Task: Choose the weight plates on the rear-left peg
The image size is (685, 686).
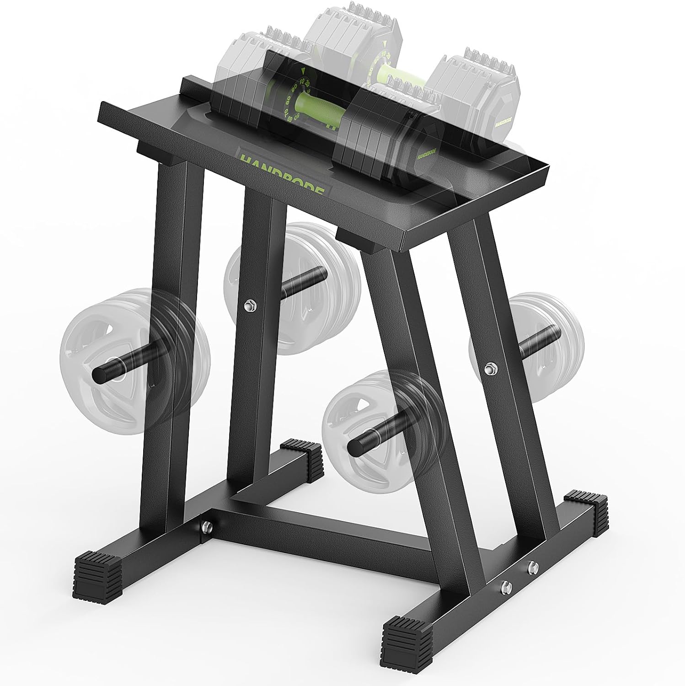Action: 293,288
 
